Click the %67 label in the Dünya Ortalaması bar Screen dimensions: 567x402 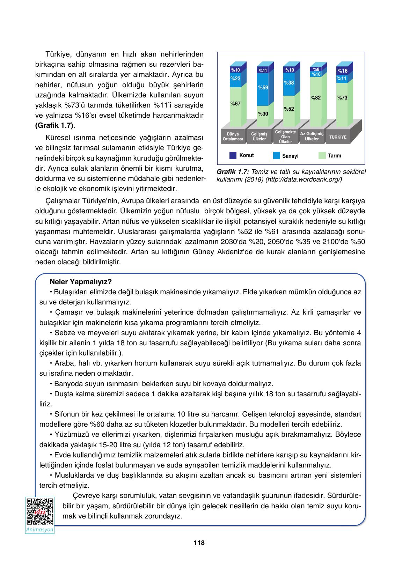(x=235, y=103)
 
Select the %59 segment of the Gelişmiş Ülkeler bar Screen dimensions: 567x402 (x=263, y=87)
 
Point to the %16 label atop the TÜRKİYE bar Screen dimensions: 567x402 (x=342, y=71)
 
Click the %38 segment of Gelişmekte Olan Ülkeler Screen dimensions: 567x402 (x=289, y=83)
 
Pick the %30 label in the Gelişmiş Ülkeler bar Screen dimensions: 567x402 (x=263, y=114)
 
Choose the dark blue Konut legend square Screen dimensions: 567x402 (x=233, y=155)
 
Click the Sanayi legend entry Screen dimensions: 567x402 (x=290, y=156)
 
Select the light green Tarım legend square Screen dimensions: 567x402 (x=322, y=156)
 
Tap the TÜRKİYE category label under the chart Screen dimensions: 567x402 (x=338, y=137)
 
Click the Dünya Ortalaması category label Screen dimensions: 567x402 (x=233, y=137)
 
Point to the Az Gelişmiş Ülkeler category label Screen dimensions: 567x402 (x=312, y=136)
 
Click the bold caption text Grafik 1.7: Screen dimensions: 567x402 (x=233, y=172)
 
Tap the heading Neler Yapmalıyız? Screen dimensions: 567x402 (x=81, y=281)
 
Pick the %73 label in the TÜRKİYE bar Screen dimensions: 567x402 (x=342, y=98)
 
